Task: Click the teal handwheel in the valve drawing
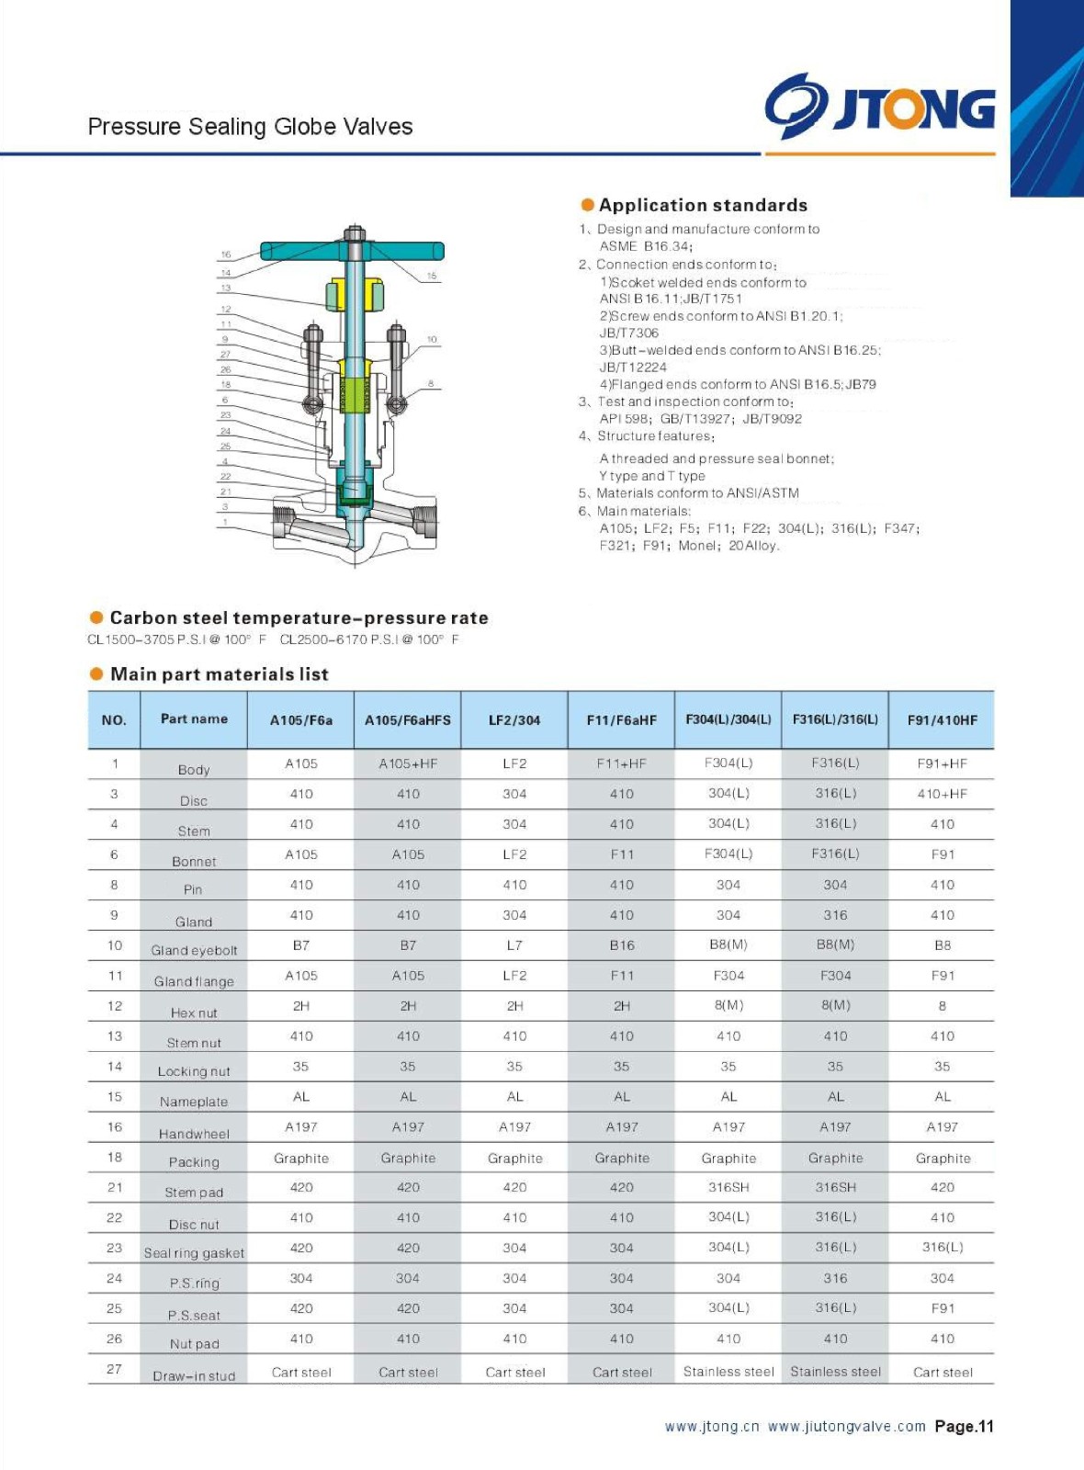pyautogui.click(x=352, y=251)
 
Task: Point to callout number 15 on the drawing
pyautogui.click(x=432, y=276)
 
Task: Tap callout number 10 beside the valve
pyautogui.click(x=432, y=340)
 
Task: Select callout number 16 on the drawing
pyautogui.click(x=226, y=254)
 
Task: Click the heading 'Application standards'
pyautogui.click(x=703, y=205)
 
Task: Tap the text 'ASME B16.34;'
pyautogui.click(x=646, y=246)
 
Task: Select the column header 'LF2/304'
pyautogui.click(x=514, y=720)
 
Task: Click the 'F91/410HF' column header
pyautogui.click(x=943, y=720)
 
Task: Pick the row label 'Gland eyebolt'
pyautogui.click(x=194, y=950)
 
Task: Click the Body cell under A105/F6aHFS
pyautogui.click(x=408, y=763)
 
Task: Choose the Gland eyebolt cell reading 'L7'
pyautogui.click(x=514, y=945)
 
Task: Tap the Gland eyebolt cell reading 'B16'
pyautogui.click(x=622, y=945)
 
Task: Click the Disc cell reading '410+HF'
pyautogui.click(x=943, y=794)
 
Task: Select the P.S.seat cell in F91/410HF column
pyautogui.click(x=943, y=1308)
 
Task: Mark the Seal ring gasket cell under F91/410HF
pyautogui.click(x=943, y=1248)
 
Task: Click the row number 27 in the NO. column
pyautogui.click(x=114, y=1369)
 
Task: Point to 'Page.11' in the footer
pyautogui.click(x=964, y=1427)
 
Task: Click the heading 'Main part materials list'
pyautogui.click(x=219, y=674)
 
